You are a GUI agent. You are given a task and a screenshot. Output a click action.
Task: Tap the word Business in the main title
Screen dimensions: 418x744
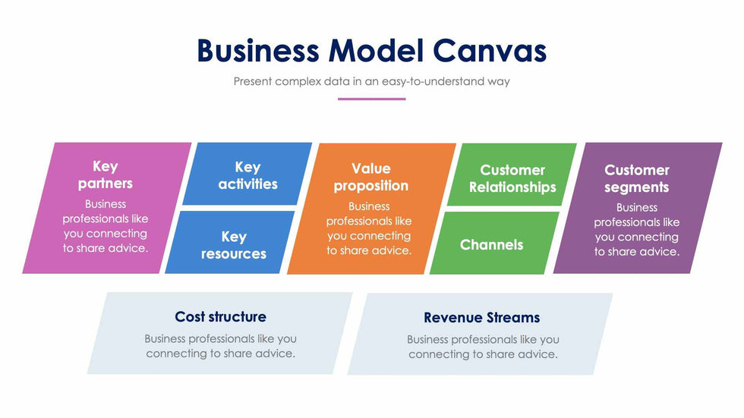tap(258, 51)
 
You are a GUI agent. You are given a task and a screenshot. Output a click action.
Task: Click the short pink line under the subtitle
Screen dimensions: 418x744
tap(371, 99)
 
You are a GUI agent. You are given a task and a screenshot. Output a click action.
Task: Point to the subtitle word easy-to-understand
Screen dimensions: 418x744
tap(427, 81)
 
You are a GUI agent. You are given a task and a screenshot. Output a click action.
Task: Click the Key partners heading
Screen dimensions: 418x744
tap(106, 174)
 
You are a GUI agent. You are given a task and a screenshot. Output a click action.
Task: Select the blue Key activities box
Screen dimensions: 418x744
tap(247, 174)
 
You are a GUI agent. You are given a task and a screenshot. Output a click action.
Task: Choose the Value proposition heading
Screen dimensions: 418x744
tap(370, 177)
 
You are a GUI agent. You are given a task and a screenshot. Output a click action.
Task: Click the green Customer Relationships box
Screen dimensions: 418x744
tap(512, 178)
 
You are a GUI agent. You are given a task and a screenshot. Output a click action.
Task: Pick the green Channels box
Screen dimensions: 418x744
tap(491, 244)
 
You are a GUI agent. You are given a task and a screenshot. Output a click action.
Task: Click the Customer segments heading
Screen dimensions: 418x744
tap(636, 178)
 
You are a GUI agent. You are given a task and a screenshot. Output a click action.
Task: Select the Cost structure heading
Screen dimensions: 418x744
tap(220, 316)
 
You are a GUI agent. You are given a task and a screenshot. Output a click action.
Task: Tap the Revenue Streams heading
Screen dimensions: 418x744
tap(482, 317)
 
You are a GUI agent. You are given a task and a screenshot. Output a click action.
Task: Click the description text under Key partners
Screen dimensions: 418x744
tap(106, 226)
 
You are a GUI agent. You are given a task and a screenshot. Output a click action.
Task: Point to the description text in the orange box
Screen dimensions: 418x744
tap(369, 228)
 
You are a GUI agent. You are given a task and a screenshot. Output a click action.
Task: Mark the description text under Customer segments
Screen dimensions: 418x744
tap(636, 229)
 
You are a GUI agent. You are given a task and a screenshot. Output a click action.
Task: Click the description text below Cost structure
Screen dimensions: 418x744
tap(220, 346)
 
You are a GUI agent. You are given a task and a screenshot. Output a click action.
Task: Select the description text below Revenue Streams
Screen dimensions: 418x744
tap(483, 347)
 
